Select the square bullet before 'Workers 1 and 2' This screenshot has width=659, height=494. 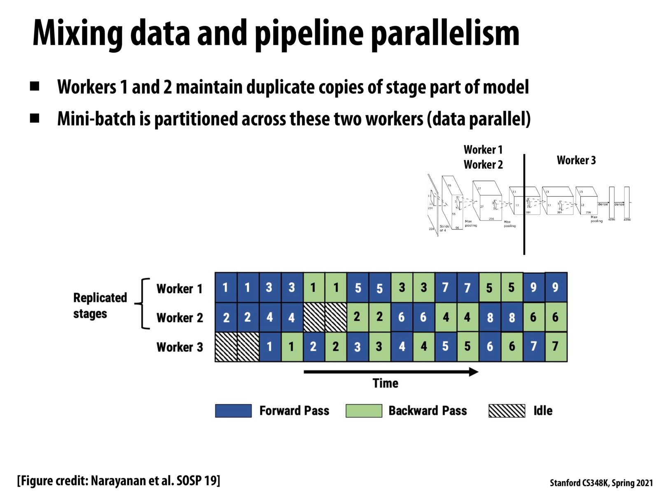(x=35, y=86)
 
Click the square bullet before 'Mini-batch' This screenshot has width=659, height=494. (x=35, y=119)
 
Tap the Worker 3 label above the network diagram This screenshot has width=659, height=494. (x=576, y=160)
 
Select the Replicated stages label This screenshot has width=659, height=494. (x=100, y=305)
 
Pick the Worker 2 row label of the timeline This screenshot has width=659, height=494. (x=180, y=318)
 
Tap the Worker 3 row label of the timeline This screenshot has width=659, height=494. (x=180, y=347)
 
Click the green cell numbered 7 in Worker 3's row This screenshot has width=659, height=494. (x=556, y=347)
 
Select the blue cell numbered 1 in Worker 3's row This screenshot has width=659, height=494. (x=270, y=347)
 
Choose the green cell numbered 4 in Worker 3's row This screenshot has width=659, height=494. (x=424, y=347)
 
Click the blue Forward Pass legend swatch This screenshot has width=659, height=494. (x=233, y=411)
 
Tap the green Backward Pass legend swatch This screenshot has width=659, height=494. (x=364, y=411)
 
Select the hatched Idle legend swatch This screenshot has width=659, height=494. (x=507, y=411)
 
